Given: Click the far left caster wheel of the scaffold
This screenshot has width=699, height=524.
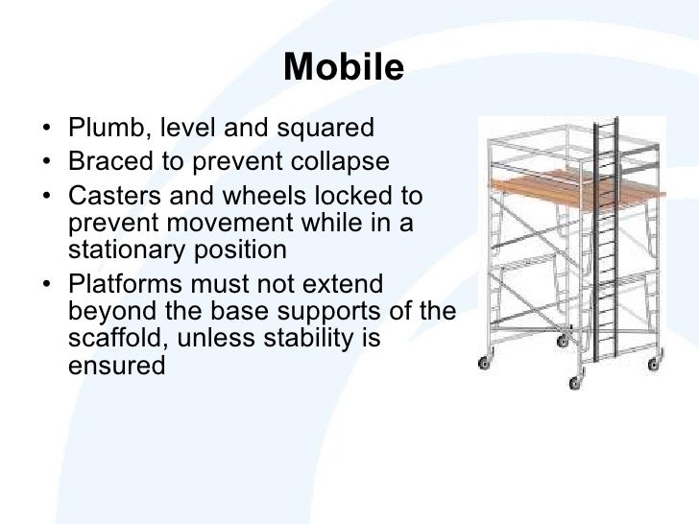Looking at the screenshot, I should tap(482, 365).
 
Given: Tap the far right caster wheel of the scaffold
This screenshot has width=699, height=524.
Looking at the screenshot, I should tap(656, 364).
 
